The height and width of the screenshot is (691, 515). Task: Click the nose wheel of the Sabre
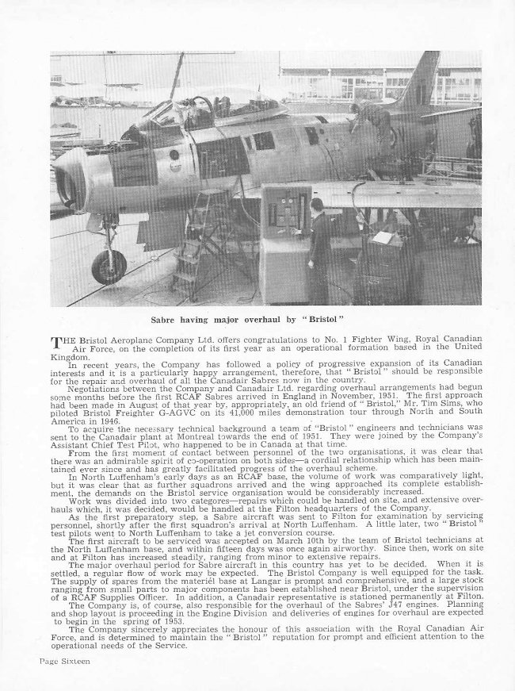pyautogui.click(x=108, y=266)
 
